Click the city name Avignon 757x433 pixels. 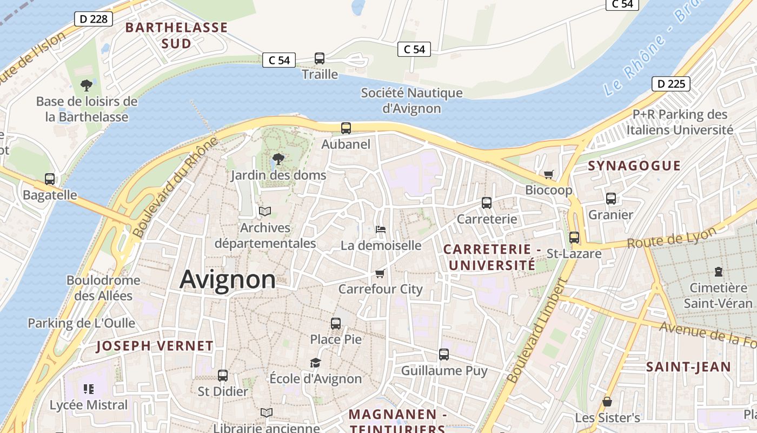coord(227,280)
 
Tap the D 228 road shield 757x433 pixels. coord(93,19)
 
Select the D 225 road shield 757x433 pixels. coord(670,84)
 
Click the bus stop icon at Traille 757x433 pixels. coord(320,58)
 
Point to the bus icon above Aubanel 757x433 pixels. coord(346,128)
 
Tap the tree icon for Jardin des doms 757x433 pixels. coord(278,159)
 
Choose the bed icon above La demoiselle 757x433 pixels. coord(381,229)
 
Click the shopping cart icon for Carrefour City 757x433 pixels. coord(380,273)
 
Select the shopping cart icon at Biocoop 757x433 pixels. coord(549,174)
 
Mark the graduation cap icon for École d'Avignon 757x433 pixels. coord(315,363)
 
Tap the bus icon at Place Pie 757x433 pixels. coord(336,324)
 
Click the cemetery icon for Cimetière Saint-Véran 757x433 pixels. coord(718,271)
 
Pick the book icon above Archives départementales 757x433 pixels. coord(265,212)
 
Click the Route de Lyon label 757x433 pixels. coord(672,238)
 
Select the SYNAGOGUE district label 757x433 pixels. coord(634,166)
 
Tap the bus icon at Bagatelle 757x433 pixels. coord(50,179)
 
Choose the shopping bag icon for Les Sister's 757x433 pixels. coord(607,402)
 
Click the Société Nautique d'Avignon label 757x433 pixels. coord(412,101)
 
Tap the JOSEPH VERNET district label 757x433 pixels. coord(155,346)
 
